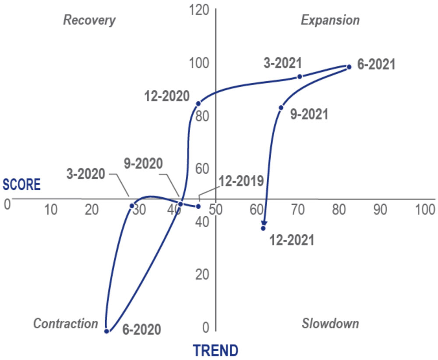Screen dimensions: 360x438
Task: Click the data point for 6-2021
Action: coord(349,67)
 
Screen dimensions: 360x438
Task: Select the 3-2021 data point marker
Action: coord(300,76)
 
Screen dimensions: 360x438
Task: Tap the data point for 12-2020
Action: coord(198,103)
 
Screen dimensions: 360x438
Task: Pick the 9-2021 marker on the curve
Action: coord(281,107)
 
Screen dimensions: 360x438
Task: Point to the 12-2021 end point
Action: coord(263,228)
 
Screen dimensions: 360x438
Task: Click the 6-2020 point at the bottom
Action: coord(106,331)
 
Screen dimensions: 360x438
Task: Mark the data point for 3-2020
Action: coord(131,206)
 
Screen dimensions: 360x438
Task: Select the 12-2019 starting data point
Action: coord(198,206)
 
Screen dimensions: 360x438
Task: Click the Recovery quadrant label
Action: coord(89,20)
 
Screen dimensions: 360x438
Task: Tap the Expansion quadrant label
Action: coord(330,20)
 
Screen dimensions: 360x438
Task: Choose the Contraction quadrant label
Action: coord(66,324)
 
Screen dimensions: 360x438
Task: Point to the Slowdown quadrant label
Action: coord(330,324)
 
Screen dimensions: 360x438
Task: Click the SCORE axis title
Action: coord(21,185)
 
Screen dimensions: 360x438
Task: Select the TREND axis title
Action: coord(216,350)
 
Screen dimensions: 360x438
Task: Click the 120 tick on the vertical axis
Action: coord(200,10)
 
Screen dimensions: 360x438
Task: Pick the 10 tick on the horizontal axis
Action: coord(51,210)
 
